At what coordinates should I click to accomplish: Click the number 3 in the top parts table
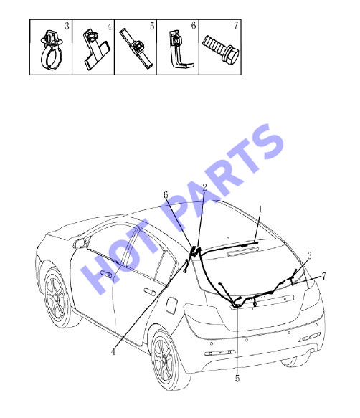pos(67,26)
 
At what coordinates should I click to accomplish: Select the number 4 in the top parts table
pos(109,27)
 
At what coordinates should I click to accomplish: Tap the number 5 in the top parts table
pos(152,26)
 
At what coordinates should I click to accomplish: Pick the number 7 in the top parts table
pos(236,26)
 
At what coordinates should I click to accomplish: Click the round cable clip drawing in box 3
pos(52,50)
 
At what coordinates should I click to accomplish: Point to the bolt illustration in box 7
pos(221,49)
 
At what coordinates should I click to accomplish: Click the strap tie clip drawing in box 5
pos(136,48)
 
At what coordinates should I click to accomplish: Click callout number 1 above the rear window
pos(260,209)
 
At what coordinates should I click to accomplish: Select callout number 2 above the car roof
pos(204,187)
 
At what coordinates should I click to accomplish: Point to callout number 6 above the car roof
pos(166,195)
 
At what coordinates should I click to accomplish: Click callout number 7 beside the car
pos(323,276)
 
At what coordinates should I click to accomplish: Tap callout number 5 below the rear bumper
pos(237,379)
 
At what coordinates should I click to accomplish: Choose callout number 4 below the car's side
pos(113,352)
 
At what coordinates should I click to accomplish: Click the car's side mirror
pos(81,243)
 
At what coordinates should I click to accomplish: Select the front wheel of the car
pos(57,297)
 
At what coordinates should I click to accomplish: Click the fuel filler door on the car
pos(171,305)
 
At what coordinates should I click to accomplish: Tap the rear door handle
pos(150,292)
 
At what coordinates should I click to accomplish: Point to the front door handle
pos(106,274)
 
